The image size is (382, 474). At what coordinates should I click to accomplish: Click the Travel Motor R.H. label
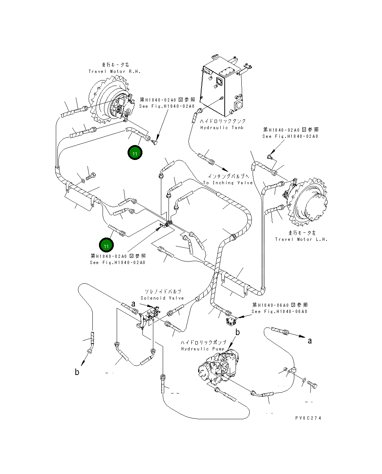[115, 71]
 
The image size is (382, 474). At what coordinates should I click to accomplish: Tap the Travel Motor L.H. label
[301, 239]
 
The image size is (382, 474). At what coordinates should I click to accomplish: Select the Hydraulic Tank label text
[222, 128]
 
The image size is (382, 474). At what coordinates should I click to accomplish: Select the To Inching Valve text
[228, 183]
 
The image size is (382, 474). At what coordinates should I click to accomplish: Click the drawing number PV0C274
[308, 418]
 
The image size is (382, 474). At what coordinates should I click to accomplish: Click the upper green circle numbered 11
[135, 153]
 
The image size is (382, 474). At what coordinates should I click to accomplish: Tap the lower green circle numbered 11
[107, 246]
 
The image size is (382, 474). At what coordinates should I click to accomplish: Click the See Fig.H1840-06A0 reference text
[279, 312]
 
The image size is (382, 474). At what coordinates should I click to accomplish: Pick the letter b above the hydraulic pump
[238, 332]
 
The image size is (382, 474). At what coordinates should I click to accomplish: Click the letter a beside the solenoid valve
[133, 304]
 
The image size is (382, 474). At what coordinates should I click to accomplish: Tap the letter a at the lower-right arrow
[310, 341]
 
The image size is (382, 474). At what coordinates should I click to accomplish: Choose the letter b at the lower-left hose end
[77, 372]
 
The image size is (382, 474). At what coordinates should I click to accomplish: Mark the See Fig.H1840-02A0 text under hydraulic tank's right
[290, 136]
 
